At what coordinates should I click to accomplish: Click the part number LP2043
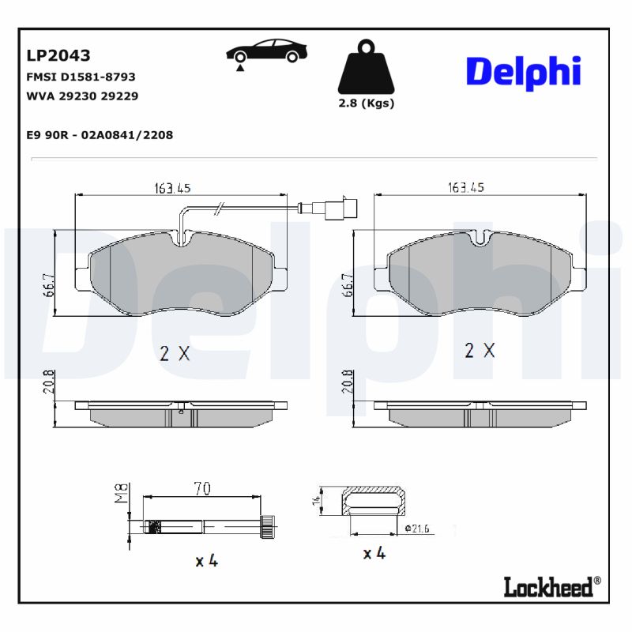click(58, 55)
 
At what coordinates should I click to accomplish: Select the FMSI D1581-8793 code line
click(81, 77)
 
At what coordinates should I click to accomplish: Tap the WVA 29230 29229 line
click(82, 96)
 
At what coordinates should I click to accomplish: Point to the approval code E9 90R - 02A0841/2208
click(100, 135)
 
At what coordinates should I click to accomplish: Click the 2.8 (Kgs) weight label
click(365, 103)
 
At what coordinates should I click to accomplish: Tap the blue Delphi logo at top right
click(523, 71)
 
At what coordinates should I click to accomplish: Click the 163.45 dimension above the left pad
click(173, 188)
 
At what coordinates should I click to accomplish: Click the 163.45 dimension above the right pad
click(466, 188)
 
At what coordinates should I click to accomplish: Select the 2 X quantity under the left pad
click(175, 354)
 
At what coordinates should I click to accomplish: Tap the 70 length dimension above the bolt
click(202, 489)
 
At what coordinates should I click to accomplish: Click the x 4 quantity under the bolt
click(206, 561)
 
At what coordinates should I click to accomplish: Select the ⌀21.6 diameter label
click(416, 528)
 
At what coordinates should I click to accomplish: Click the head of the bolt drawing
click(269, 525)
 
